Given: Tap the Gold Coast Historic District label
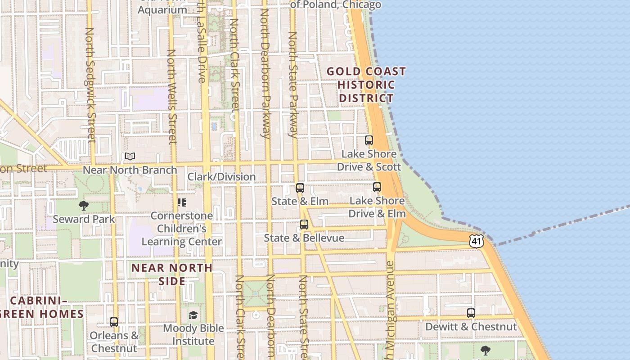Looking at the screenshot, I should tap(366, 85).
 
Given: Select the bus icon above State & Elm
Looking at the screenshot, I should tap(300, 188).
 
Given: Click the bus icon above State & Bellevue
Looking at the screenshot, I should tap(304, 224).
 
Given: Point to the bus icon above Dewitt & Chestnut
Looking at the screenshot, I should tap(471, 313).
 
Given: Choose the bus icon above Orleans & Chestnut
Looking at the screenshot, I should tap(114, 322).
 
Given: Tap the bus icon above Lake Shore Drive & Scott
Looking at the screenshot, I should tap(369, 140).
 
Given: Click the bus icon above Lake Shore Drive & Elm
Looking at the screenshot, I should tap(377, 187).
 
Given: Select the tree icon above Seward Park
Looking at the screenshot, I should tap(83, 206).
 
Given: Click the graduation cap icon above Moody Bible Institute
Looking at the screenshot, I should tap(193, 315).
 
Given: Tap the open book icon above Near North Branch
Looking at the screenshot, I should tap(130, 156).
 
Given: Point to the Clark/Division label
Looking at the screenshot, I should tap(221, 176).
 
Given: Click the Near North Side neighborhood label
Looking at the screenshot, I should tap(172, 274).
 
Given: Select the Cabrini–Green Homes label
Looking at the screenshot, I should tap(43, 307).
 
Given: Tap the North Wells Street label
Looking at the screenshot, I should tap(172, 97).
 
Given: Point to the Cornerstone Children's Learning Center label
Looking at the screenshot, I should tap(182, 229).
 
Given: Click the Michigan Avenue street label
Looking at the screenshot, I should tap(390, 306).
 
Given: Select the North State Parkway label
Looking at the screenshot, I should tap(293, 85).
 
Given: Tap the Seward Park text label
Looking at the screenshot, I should tap(84, 219).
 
